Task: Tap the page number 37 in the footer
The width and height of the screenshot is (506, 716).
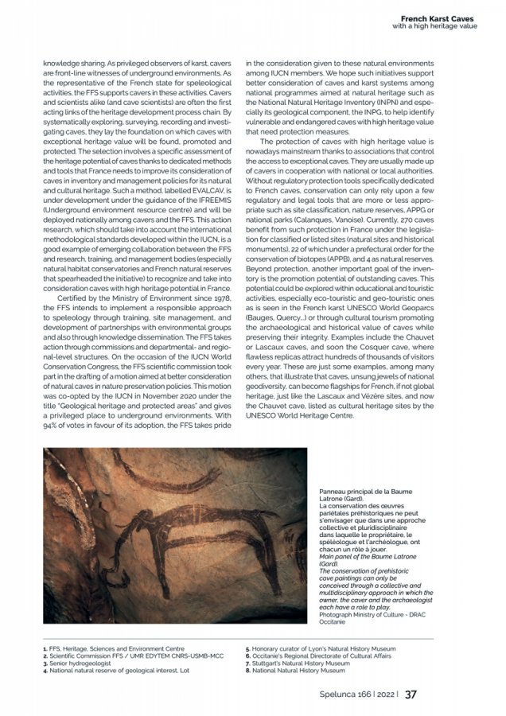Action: pos(411,694)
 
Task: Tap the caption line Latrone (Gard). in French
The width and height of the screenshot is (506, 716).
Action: pos(344,500)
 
